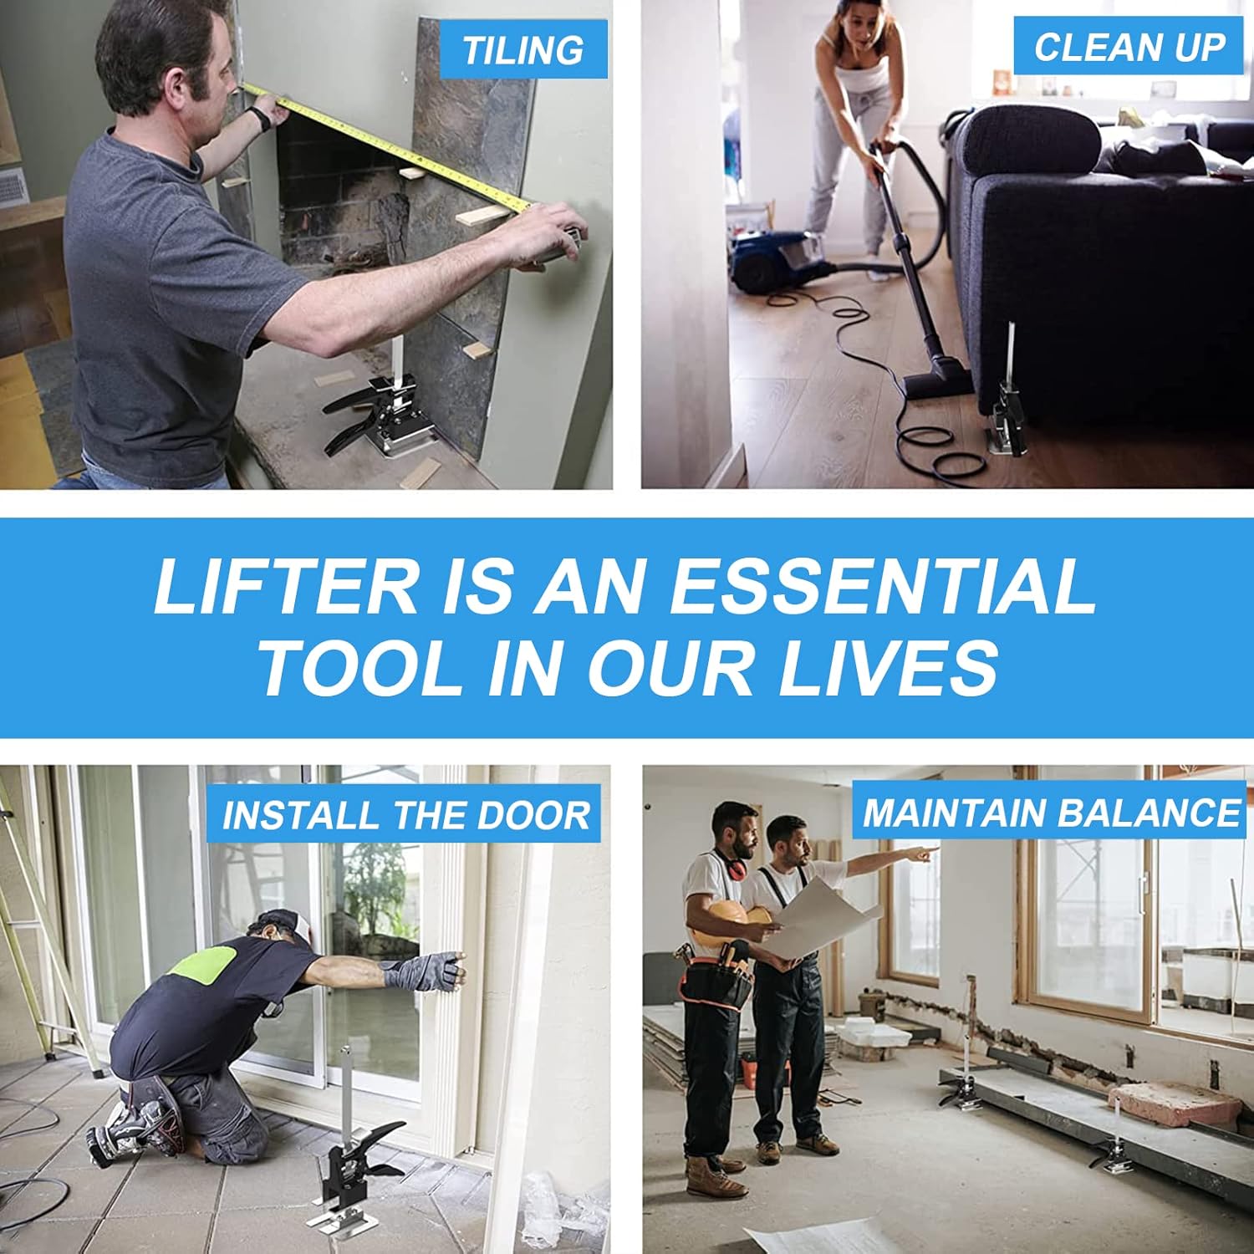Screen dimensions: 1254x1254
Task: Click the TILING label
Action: pyautogui.click(x=523, y=50)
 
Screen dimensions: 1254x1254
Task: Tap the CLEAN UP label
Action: pyautogui.click(x=1129, y=47)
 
